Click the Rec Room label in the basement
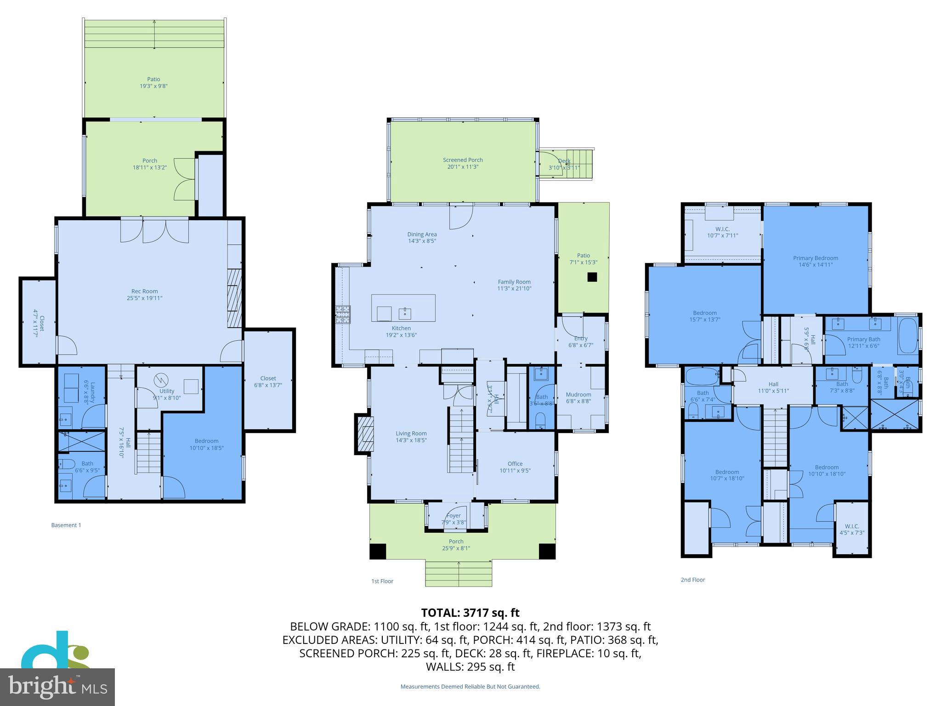(x=144, y=294)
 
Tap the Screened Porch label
(x=463, y=163)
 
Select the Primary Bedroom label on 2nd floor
(x=816, y=261)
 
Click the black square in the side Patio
(x=592, y=277)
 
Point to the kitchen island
(x=403, y=307)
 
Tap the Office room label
(x=515, y=467)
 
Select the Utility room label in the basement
(x=167, y=394)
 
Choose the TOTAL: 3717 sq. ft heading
(x=470, y=613)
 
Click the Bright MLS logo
(x=57, y=687)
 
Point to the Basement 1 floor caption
(x=66, y=525)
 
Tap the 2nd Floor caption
(x=692, y=580)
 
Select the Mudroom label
(x=578, y=397)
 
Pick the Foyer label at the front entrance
(x=453, y=518)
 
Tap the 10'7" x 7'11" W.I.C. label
(x=722, y=232)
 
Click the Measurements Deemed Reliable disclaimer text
(x=470, y=687)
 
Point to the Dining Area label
(x=422, y=237)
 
